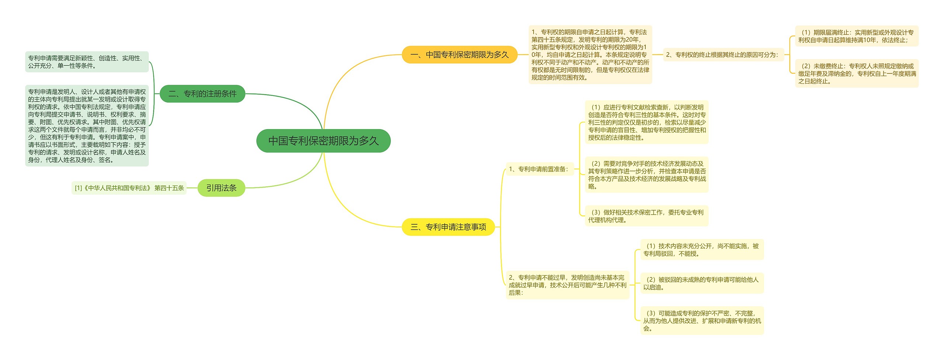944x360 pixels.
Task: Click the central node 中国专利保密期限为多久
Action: [323, 141]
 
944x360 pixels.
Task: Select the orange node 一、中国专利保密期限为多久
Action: [459, 55]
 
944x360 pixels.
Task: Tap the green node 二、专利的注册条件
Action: [202, 94]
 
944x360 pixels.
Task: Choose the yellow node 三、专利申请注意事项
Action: [448, 227]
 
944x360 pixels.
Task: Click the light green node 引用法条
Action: [221, 188]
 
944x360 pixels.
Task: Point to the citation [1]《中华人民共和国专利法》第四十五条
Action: [129, 188]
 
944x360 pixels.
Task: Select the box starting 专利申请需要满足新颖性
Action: [87, 62]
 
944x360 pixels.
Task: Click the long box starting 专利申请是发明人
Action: [87, 126]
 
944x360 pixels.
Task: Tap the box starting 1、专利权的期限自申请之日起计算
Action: [590, 55]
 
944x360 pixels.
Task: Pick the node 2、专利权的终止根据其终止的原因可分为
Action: [723, 55]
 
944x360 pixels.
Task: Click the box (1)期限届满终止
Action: [856, 36]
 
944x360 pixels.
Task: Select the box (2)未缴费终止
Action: [856, 73]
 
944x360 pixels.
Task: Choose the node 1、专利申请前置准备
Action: [539, 169]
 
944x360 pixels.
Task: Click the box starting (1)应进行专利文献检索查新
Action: [646, 122]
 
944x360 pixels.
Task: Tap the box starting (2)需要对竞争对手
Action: [646, 175]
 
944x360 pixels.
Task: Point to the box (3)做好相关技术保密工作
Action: [646, 216]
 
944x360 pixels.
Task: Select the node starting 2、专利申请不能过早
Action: [567, 285]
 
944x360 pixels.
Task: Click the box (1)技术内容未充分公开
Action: [702, 250]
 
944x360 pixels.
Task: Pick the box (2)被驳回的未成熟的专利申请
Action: [702, 283]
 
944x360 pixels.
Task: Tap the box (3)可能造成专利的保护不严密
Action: [702, 321]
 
